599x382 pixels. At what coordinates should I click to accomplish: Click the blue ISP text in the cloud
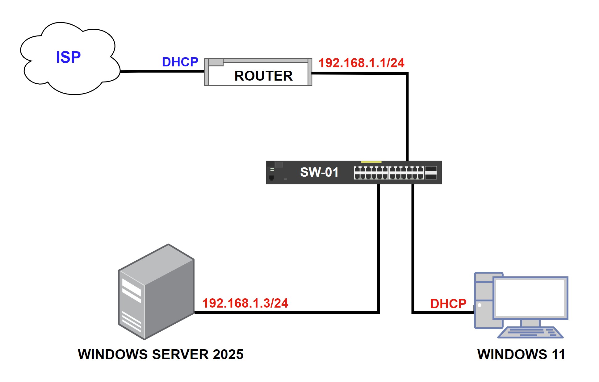(x=68, y=57)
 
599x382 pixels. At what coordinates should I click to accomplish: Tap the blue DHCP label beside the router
(x=180, y=62)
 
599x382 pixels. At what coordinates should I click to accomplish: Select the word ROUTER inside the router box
(x=263, y=76)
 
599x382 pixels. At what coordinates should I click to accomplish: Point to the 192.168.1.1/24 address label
(x=361, y=63)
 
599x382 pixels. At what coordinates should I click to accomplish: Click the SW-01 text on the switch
(x=319, y=172)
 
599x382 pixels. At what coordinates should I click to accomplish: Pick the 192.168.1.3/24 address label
(x=245, y=303)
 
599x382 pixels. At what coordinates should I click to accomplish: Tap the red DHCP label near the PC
(x=448, y=304)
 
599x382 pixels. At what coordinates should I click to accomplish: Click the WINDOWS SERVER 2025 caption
(x=161, y=355)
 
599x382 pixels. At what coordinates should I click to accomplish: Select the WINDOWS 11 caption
(x=521, y=355)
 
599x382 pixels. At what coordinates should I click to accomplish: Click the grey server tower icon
(x=156, y=292)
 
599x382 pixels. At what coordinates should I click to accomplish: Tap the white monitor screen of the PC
(x=530, y=298)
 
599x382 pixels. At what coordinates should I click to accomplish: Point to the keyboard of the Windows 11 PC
(x=530, y=332)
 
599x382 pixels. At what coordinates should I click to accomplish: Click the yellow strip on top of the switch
(x=371, y=162)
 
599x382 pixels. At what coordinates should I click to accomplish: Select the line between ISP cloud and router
(x=162, y=71)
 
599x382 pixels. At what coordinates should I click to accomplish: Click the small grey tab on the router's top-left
(x=216, y=62)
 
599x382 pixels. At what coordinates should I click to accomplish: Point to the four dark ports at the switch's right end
(x=431, y=173)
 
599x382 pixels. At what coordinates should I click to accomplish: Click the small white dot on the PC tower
(x=480, y=305)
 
